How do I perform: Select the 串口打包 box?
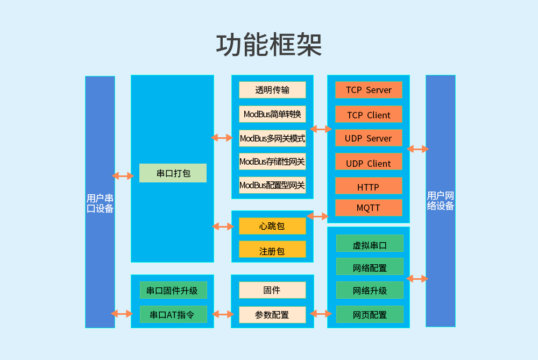click(x=173, y=173)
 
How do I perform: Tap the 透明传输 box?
click(x=272, y=90)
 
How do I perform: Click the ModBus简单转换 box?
click(x=272, y=114)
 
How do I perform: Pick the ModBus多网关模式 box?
click(x=272, y=138)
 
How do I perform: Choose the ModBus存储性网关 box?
click(x=272, y=161)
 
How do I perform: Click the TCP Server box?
click(x=369, y=90)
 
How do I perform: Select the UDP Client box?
click(x=369, y=163)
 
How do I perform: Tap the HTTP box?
click(x=369, y=187)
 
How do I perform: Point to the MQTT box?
click(x=369, y=208)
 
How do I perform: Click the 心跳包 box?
click(x=272, y=227)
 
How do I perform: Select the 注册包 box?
click(x=272, y=250)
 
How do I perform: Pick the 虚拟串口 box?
click(x=370, y=245)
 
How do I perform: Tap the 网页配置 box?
click(x=370, y=314)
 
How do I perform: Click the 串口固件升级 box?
click(x=173, y=291)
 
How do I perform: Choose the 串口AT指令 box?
click(x=173, y=314)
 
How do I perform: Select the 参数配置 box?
click(x=272, y=314)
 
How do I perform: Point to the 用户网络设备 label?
click(x=441, y=201)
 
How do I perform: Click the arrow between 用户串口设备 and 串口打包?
click(x=123, y=176)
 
